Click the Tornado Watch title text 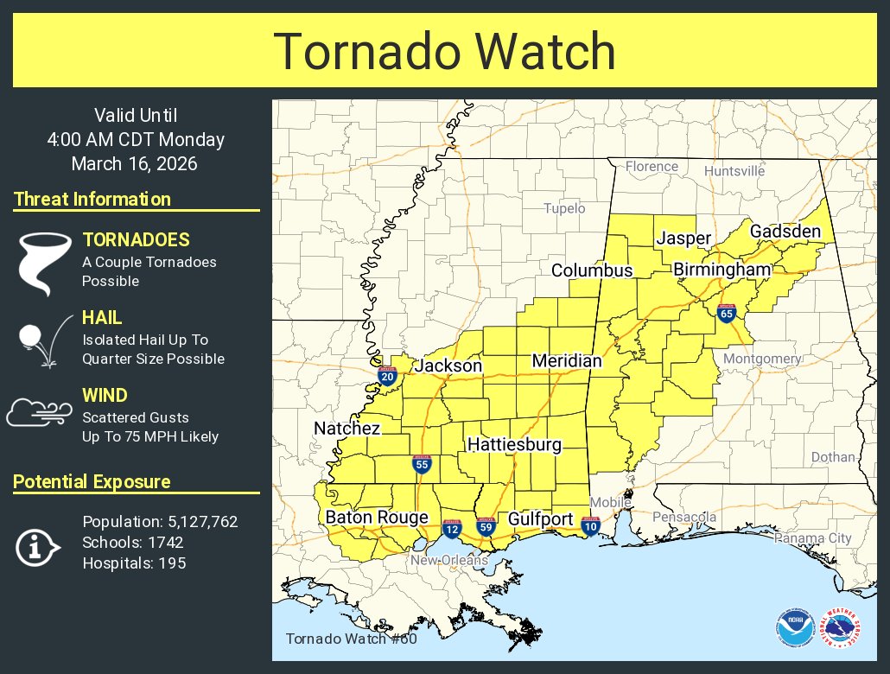pyautogui.click(x=445, y=51)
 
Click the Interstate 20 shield pyautogui.click(x=386, y=376)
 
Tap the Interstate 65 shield pyautogui.click(x=726, y=315)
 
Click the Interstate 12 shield pyautogui.click(x=451, y=528)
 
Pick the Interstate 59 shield pyautogui.click(x=486, y=526)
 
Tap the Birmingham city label pyautogui.click(x=722, y=270)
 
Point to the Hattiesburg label pyautogui.click(x=514, y=445)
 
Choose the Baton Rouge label pyautogui.click(x=377, y=518)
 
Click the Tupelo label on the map pyautogui.click(x=564, y=208)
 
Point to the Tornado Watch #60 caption pyautogui.click(x=351, y=639)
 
